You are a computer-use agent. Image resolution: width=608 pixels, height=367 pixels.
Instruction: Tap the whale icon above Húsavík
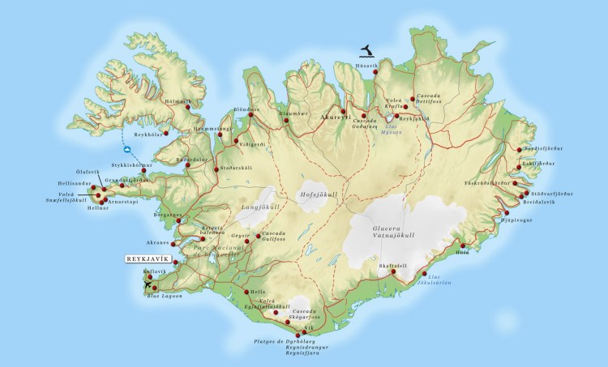pos(370,53)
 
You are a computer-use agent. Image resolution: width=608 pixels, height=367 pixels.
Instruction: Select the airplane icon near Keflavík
pos(147,284)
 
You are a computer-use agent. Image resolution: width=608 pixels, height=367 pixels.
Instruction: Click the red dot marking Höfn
pos(463,245)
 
